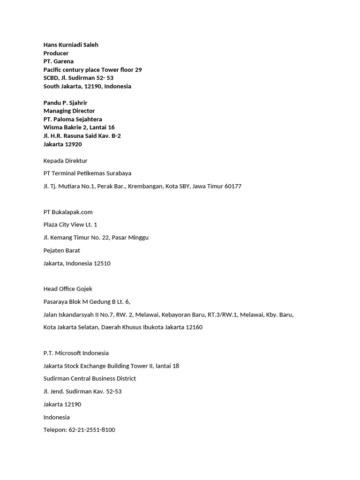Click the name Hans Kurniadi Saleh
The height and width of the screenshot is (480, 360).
coord(71,45)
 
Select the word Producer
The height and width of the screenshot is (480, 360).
coord(56,53)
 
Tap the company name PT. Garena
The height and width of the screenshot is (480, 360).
coord(59,61)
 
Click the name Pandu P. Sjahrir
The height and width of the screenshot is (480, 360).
coord(65,103)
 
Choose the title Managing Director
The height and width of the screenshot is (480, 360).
coord(69,111)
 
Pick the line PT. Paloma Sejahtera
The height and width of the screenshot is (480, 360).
coord(73,119)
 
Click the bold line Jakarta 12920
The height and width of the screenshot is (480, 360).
coord(62,144)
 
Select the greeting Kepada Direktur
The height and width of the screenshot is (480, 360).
coord(65,161)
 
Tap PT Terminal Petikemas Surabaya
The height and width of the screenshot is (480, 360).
coord(87,173)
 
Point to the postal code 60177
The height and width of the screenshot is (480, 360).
coord(233,186)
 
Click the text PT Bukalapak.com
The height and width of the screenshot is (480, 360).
coord(68,212)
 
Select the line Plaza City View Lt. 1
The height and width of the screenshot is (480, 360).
coord(70,225)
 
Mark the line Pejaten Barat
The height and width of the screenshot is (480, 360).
coord(61,250)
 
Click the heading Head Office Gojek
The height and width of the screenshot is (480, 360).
coord(67,289)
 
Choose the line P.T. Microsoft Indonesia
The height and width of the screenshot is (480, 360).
coord(76,353)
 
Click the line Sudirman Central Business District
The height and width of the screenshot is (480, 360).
coord(90,378)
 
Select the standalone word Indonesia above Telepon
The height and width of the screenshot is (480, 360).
coord(56,417)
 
